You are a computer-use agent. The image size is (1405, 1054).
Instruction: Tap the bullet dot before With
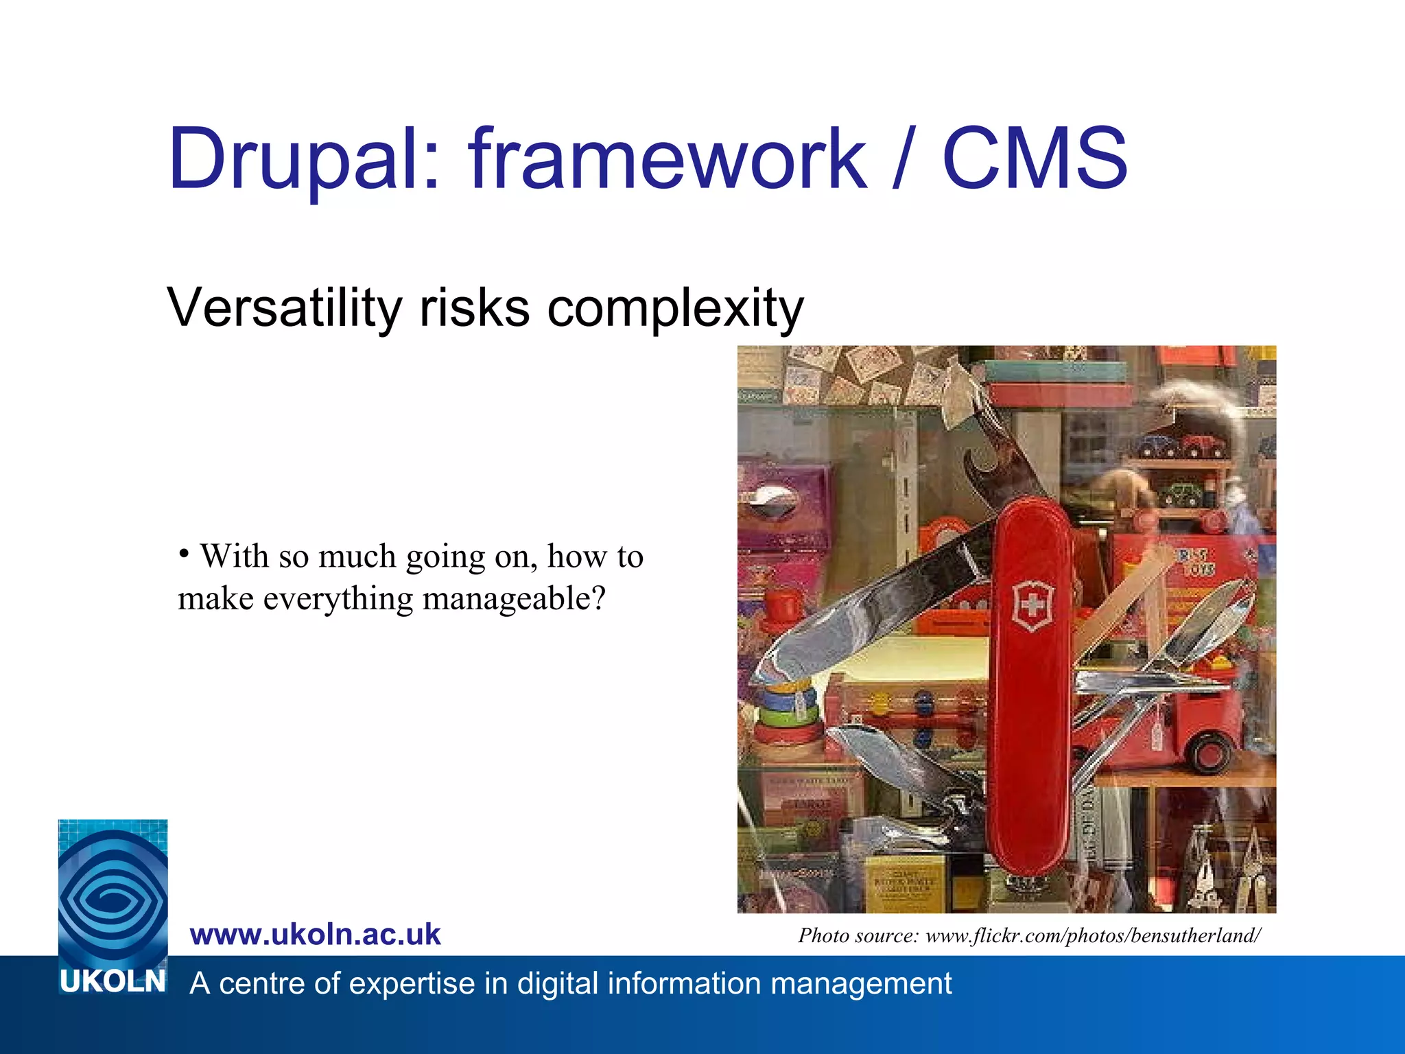pyautogui.click(x=183, y=553)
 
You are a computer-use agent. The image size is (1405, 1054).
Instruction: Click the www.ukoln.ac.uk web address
pyautogui.click(x=315, y=935)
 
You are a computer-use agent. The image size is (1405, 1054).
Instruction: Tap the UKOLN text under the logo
pyautogui.click(x=113, y=981)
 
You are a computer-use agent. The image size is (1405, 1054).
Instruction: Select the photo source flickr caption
pyautogui.click(x=1028, y=935)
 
